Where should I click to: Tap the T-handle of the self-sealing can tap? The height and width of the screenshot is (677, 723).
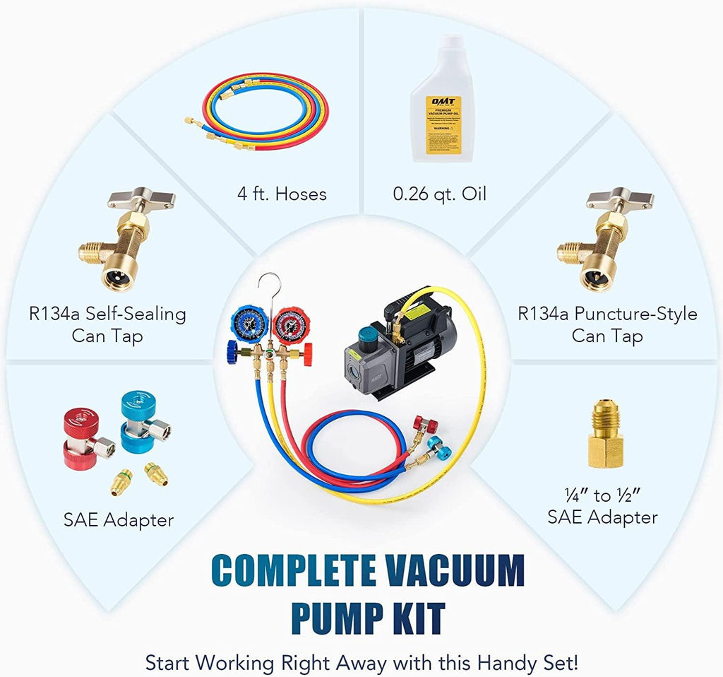(x=141, y=198)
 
